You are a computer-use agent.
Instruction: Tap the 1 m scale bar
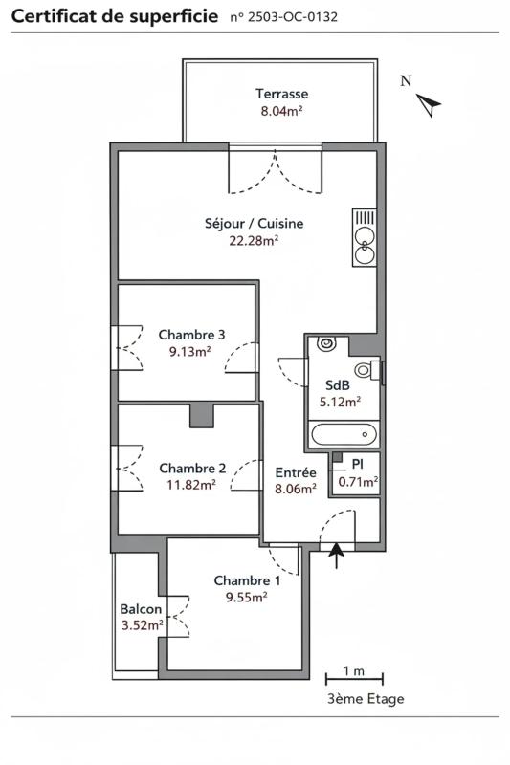coord(354,679)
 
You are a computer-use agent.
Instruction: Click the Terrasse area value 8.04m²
coord(281,111)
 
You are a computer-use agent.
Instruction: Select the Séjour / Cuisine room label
coord(255,224)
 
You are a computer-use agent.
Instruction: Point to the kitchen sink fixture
coord(365,238)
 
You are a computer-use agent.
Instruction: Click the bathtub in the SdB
coord(344,434)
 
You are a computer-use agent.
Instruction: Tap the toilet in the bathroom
coord(367,370)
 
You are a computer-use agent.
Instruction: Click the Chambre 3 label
coord(191,335)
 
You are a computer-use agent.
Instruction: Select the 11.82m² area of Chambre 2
coord(191,485)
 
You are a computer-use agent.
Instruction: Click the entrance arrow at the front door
coord(336,556)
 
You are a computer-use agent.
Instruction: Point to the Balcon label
coord(141,609)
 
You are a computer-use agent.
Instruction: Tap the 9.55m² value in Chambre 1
coord(247,597)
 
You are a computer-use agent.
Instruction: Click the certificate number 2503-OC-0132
coord(293,17)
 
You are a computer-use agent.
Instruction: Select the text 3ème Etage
coord(366,699)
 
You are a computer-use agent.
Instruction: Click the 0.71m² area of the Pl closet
coord(358,482)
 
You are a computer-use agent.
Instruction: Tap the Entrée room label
coord(296,472)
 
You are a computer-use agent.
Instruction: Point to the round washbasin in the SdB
coord(326,343)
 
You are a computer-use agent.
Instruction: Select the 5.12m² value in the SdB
coord(341,402)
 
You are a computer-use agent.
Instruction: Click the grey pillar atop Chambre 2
coord(202,416)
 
